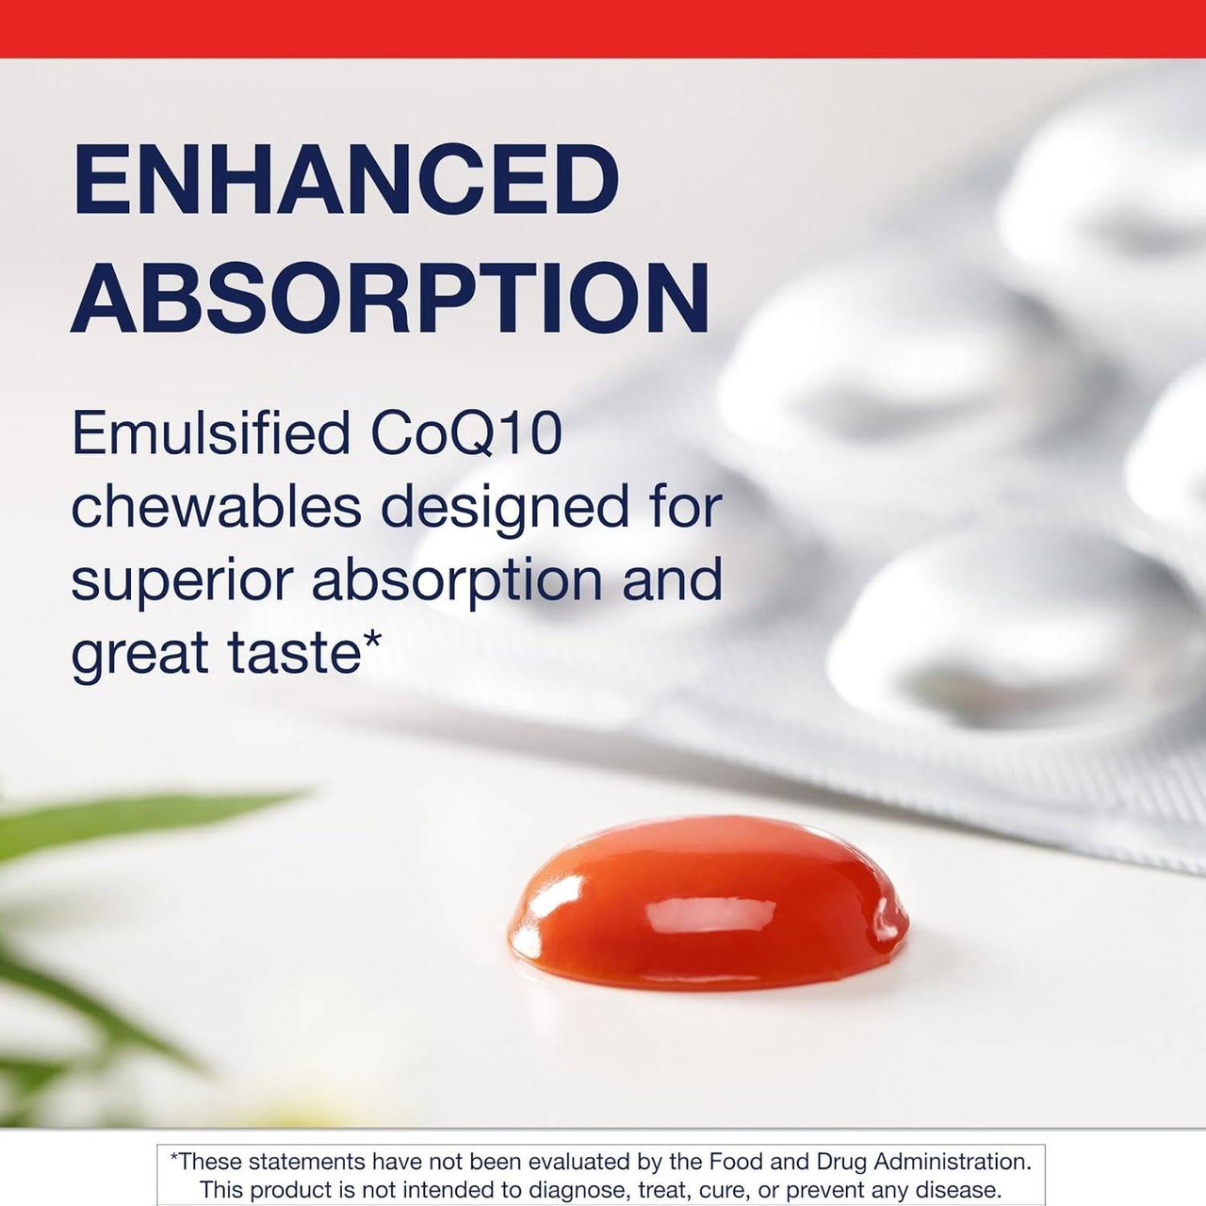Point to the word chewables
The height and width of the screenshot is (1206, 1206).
[x=216, y=506]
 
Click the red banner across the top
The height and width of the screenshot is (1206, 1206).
[x=603, y=28]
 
